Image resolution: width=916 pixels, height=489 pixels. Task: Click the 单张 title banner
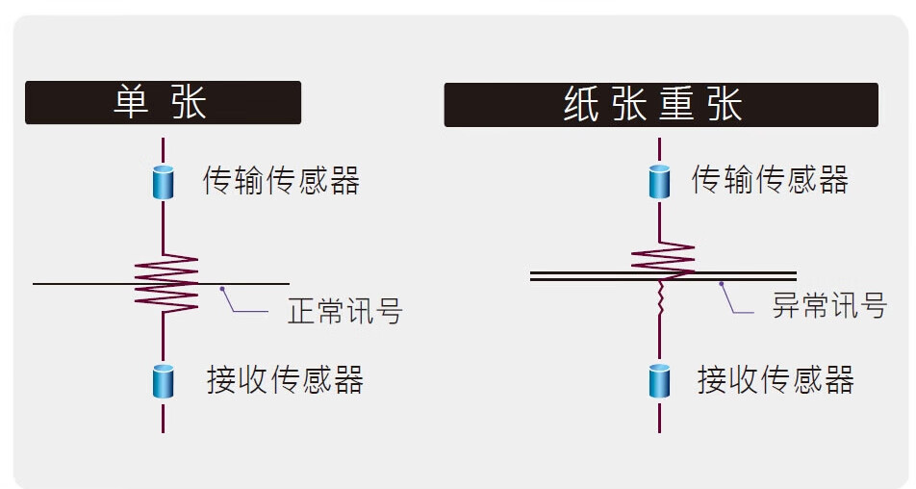click(x=163, y=103)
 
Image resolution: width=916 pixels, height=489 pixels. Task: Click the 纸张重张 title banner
click(x=660, y=105)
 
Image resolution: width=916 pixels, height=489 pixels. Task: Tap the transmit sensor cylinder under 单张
click(x=163, y=181)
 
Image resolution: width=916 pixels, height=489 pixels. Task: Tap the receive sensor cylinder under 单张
click(x=163, y=381)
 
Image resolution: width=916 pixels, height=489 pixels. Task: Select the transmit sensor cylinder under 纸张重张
click(x=659, y=181)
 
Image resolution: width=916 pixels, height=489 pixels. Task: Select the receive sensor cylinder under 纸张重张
click(x=659, y=381)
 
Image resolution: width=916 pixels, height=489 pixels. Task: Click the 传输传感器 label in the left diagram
click(x=281, y=180)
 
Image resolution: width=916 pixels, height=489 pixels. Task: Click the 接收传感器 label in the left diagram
click(x=285, y=380)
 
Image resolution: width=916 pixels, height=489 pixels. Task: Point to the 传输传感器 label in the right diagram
click(x=770, y=180)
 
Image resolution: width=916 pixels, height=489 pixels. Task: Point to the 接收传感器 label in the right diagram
click(x=776, y=380)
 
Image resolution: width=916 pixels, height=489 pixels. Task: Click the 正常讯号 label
click(x=344, y=312)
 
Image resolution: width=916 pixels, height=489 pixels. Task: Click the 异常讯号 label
click(x=828, y=306)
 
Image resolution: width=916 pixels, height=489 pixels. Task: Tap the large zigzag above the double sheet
click(x=662, y=257)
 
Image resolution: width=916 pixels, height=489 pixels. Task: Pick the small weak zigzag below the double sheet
click(x=660, y=298)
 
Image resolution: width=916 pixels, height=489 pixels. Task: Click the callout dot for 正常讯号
click(x=222, y=288)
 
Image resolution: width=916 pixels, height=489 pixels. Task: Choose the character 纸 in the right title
click(x=582, y=105)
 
